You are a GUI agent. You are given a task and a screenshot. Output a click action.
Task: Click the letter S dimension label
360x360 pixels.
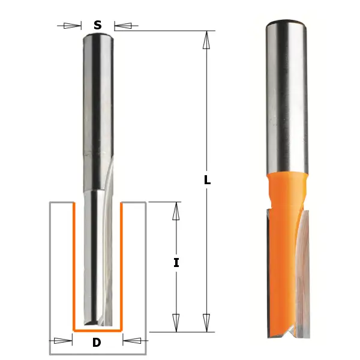(97, 25)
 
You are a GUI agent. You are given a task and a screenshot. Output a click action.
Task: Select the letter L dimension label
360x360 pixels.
(207, 179)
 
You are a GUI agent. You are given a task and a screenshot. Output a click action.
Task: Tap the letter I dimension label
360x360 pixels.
(176, 262)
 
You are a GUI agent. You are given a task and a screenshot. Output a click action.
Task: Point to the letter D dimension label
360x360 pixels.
(97, 343)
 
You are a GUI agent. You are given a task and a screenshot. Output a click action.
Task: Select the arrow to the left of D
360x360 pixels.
(62, 341)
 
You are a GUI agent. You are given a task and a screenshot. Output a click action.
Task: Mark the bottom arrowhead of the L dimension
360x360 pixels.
(206, 322)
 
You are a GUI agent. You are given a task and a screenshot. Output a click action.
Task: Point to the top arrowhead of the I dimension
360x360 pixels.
(176, 211)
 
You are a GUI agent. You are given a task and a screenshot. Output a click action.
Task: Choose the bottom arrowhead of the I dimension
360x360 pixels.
(176, 322)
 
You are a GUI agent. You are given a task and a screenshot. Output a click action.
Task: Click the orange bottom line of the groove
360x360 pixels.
(97, 330)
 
